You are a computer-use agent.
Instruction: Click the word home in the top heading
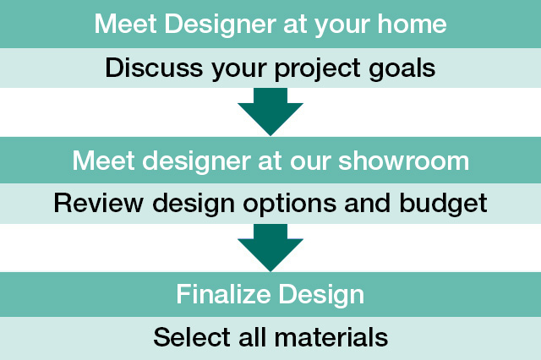pos(412,24)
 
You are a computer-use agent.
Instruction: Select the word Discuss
pos(154,68)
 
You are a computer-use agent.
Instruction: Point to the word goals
pos(402,69)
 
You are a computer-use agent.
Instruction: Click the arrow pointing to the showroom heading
pos(270,112)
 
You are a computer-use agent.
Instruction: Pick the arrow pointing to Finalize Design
pos(270,248)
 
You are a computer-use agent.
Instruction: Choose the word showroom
pos(404,161)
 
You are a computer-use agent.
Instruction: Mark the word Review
pos(99,203)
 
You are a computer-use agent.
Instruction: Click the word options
pos(290,205)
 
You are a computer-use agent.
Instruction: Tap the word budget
pos(443,205)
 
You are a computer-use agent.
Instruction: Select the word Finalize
pos(223,294)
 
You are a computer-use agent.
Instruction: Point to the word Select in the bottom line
pos(192,337)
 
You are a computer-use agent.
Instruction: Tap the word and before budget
pos(368,203)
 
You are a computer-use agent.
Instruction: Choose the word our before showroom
pos(310,162)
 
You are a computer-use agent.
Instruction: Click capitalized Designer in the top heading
pos(220,25)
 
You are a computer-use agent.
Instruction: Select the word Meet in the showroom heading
pos(103,161)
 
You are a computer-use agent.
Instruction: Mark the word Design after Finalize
pos(321,296)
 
